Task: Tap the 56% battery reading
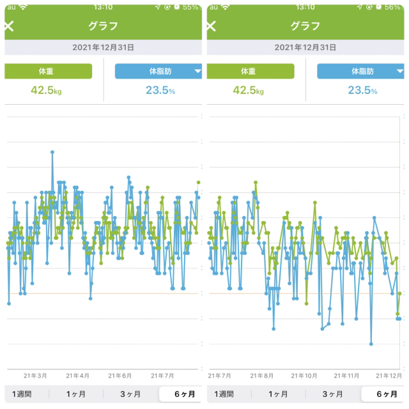(393, 6)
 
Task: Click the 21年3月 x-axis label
(35, 376)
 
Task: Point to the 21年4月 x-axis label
(78, 376)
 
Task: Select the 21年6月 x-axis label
(120, 376)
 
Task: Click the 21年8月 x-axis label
(261, 376)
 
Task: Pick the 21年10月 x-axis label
(304, 376)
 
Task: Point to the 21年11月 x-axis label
(347, 376)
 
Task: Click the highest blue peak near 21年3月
(52, 152)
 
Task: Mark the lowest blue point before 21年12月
(371, 344)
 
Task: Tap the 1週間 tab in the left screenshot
(22, 394)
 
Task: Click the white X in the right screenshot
(212, 26)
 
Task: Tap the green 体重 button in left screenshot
(49, 71)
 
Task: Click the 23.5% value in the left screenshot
(160, 90)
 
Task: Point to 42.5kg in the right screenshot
(248, 90)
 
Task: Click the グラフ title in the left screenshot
(102, 26)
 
